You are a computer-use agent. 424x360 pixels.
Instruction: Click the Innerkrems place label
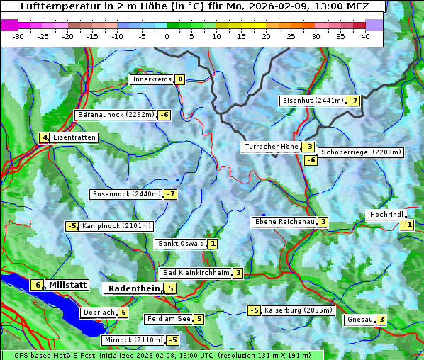tap(152, 79)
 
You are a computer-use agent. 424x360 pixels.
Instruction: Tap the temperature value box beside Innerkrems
tap(180, 79)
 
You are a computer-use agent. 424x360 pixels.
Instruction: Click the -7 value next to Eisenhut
tap(353, 101)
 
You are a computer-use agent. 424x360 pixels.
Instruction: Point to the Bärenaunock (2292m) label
tap(115, 115)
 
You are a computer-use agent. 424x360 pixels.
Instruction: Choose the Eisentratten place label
tap(74, 137)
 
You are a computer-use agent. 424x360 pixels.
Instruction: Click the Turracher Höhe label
tap(271, 147)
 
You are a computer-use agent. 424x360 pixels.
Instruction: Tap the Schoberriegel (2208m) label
tap(361, 152)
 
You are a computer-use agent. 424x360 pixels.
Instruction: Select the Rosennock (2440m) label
tap(126, 194)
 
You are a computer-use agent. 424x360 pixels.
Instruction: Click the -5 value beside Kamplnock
tap(72, 226)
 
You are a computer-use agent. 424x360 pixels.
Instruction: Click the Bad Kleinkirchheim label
tap(196, 273)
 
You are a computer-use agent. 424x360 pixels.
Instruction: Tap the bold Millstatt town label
tap(67, 285)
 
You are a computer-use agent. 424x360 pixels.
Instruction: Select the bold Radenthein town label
tap(134, 288)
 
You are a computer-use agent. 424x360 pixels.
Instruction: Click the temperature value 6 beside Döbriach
tap(123, 313)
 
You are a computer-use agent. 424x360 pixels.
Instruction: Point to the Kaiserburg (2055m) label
tap(298, 310)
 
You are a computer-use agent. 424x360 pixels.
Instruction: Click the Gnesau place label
tap(359, 320)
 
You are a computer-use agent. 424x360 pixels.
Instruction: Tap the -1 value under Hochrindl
tap(407, 225)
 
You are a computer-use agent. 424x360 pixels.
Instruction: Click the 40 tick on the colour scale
tap(365, 35)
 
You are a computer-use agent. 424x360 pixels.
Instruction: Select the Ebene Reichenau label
tap(284, 222)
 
